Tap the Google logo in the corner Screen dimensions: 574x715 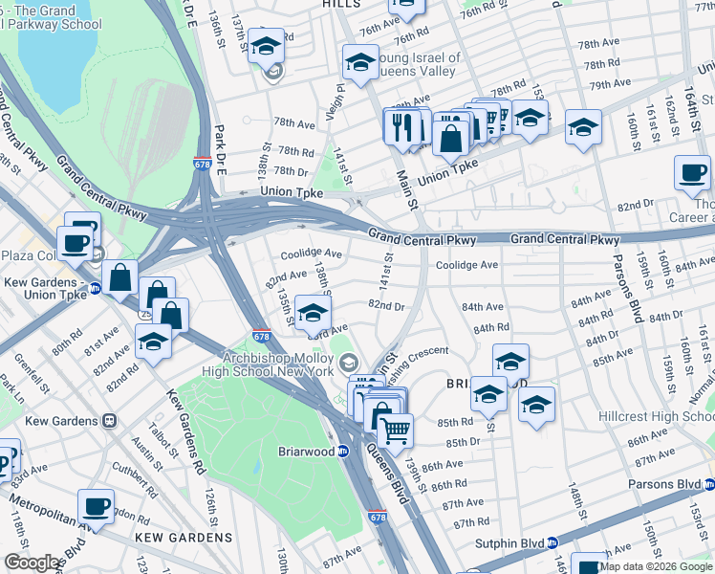[32, 563]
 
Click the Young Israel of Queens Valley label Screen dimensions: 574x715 [417, 64]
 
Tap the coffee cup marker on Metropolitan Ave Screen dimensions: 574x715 [95, 505]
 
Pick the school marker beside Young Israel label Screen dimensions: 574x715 [360, 62]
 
